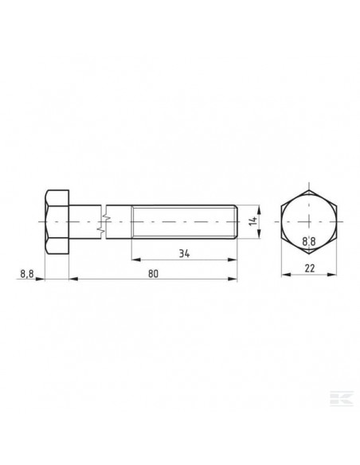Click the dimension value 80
(154, 272)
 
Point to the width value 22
(311, 269)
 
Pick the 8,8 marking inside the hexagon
(311, 239)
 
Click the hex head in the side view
(57, 222)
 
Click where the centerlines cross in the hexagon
(311, 222)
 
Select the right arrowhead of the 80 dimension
(236, 279)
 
